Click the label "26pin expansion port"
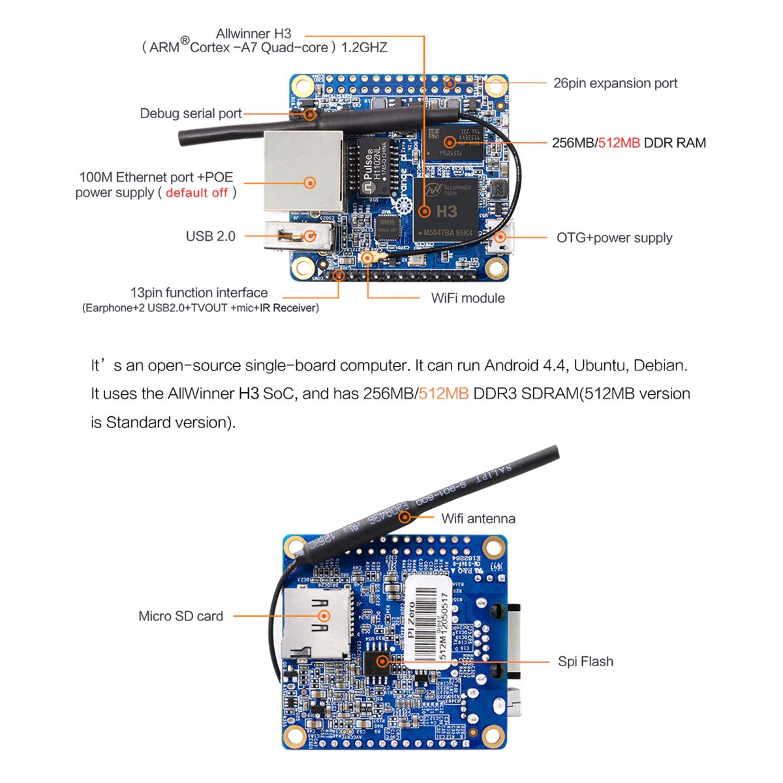[615, 84]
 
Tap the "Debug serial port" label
[191, 114]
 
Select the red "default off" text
[196, 193]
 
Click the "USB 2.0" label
[210, 236]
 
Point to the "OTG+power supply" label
[614, 238]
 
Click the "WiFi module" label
[467, 298]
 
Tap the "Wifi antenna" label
[478, 519]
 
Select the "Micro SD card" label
[181, 616]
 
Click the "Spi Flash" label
[585, 662]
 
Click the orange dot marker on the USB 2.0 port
[310, 236]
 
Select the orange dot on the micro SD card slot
[324, 616]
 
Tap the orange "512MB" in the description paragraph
[444, 393]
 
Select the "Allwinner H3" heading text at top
[253, 34]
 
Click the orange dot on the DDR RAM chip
[450, 142]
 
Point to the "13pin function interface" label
[199, 293]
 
